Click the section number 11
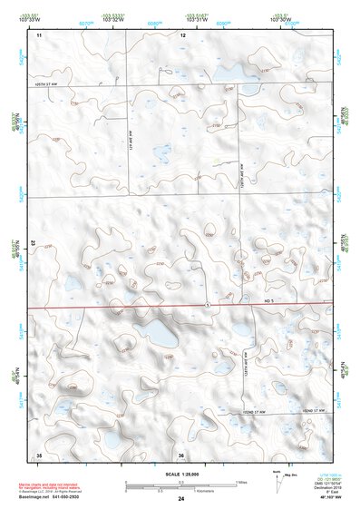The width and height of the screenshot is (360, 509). pyautogui.click(x=39, y=34)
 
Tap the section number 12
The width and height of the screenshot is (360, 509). pyautogui.click(x=182, y=34)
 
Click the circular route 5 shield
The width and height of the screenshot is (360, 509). pyautogui.click(x=208, y=304)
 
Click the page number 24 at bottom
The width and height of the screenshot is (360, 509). pyautogui.click(x=181, y=499)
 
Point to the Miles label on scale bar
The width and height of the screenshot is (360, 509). pyautogui.click(x=240, y=482)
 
